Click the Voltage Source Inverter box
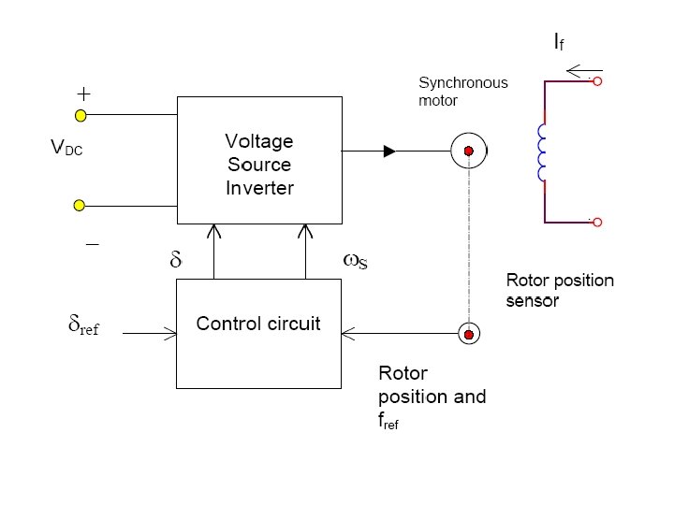[259, 160]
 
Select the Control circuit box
[259, 332]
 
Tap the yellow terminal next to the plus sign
[81, 116]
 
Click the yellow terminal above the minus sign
[81, 205]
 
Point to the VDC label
[66, 148]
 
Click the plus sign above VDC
[83, 94]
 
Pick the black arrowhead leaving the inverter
[389, 151]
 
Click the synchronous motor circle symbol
[469, 151]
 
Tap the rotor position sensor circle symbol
[469, 333]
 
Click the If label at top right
[558, 42]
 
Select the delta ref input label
[83, 326]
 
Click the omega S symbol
[356, 262]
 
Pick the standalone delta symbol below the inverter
[174, 262]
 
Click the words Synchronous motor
[462, 91]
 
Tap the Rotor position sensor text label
[560, 290]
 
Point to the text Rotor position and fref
[432, 397]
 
